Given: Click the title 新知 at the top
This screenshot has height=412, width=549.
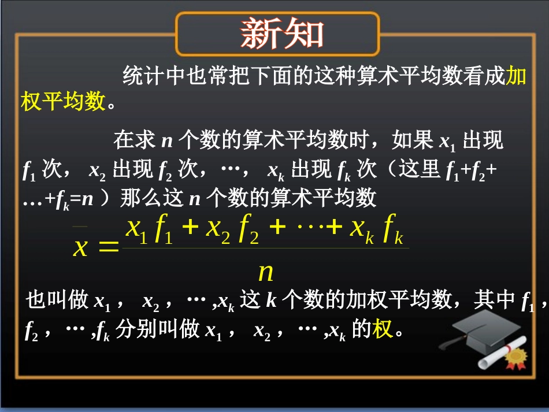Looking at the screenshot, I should click(x=282, y=34).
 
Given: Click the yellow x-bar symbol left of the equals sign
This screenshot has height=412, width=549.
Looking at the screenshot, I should click(x=81, y=246).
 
